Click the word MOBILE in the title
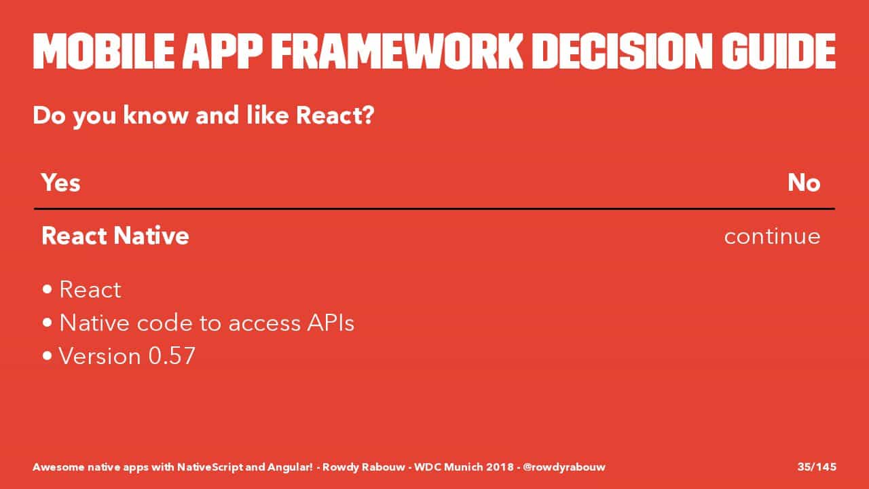pos(104,51)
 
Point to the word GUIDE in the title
pos(779,51)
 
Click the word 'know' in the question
pos(155,115)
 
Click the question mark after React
pos(367,115)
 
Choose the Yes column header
pos(61,183)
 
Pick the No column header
pos(805,183)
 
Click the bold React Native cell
pos(115,236)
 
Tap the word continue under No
pos(773,236)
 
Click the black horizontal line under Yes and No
pos(434,209)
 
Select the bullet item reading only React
pos(90,289)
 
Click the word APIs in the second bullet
pos(331,323)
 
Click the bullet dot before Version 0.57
pos(48,356)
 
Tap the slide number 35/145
pos(817,467)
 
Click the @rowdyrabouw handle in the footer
pos(563,467)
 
